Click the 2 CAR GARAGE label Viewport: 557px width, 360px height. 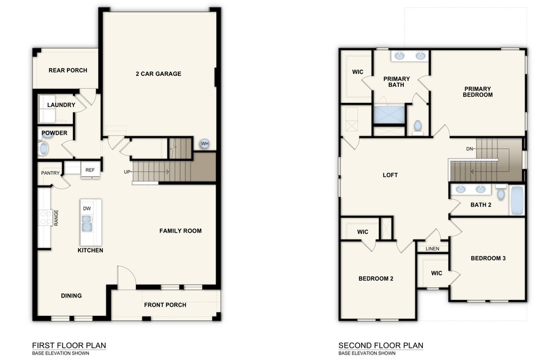click(158, 74)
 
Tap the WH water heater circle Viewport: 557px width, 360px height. click(204, 144)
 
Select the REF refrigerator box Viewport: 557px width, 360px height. click(90, 170)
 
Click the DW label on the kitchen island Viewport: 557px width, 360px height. click(86, 209)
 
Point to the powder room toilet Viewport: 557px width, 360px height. click(44, 148)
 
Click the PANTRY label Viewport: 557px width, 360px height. click(50, 173)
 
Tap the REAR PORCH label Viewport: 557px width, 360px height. click(67, 70)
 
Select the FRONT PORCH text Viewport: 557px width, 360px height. click(165, 305)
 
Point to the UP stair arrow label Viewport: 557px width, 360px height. click(127, 172)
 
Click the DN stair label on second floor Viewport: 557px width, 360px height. click(469, 149)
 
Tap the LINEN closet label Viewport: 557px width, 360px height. click(432, 249)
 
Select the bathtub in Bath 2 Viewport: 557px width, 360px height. click(517, 200)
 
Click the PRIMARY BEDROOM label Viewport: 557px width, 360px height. click(478, 92)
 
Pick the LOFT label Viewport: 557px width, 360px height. click(390, 175)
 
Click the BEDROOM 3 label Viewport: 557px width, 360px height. click(488, 258)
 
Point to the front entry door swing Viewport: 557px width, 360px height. click(125, 277)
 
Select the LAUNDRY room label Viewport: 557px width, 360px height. click(61, 105)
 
